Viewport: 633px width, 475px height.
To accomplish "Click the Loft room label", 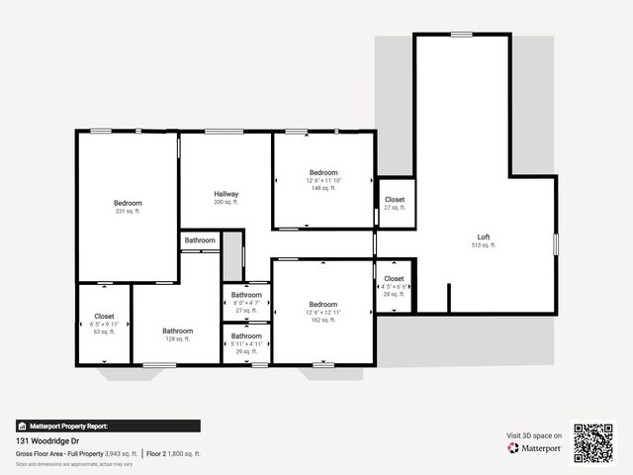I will click(484, 237).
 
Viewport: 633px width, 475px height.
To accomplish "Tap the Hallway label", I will click(226, 194).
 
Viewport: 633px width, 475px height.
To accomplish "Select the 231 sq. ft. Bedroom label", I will click(128, 203).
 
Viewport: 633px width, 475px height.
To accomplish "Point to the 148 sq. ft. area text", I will click(323, 188).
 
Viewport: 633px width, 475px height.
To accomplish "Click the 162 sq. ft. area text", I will click(323, 320).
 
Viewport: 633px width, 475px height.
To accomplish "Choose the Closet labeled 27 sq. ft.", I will click(395, 200).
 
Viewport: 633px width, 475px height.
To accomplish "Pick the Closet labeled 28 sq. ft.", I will click(395, 279).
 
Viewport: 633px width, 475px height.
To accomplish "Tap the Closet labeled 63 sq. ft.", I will click(104, 316).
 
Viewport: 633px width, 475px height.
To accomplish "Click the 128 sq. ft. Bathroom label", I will click(178, 331).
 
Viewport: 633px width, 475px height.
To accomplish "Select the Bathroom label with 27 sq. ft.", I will click(246, 295).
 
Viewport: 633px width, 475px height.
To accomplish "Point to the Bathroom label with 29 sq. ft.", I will click(246, 335).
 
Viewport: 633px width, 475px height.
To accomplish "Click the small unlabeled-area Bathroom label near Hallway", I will click(200, 240).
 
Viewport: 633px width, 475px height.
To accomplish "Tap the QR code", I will click(593, 443).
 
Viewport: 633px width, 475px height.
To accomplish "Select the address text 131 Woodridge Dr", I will click(48, 441).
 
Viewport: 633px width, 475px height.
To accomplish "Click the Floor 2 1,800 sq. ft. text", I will click(174, 454).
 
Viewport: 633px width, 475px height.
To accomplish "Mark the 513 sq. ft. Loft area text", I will click(484, 245).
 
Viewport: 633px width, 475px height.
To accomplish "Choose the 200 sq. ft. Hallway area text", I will click(226, 202).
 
